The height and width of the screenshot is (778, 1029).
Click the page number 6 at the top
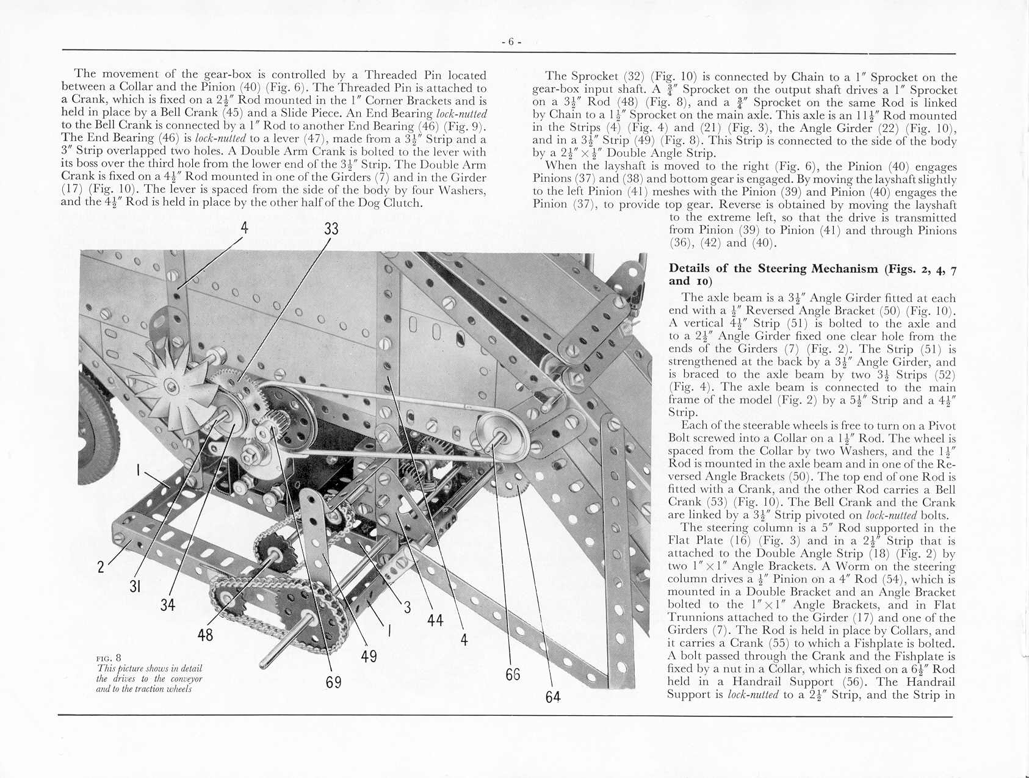point(511,41)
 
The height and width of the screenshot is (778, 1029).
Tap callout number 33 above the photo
point(331,229)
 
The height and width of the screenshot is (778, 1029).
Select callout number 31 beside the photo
point(135,586)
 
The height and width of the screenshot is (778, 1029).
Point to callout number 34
point(168,605)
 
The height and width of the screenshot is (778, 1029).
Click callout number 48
point(205,635)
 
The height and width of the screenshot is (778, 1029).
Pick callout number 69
point(333,682)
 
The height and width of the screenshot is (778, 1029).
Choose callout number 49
point(369,656)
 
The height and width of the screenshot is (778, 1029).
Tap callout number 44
point(435,621)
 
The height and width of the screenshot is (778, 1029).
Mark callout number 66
point(513,674)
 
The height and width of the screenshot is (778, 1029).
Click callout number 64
point(553,697)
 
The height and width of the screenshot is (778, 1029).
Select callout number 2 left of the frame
point(101,567)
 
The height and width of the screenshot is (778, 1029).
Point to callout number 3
point(407,607)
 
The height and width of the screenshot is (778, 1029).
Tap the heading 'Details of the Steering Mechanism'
point(774,268)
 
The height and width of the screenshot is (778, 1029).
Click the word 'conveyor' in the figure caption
point(186,679)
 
